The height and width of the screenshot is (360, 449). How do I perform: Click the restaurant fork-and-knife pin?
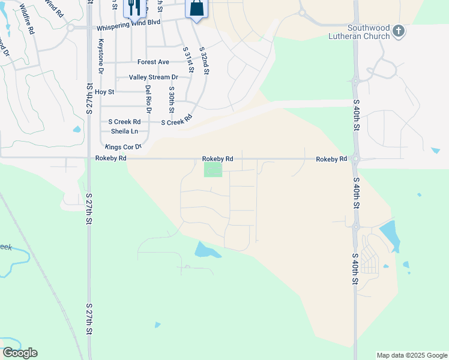click(x=133, y=8)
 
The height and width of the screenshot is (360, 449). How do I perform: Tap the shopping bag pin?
click(x=196, y=8)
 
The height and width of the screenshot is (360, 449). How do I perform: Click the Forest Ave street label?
click(x=153, y=62)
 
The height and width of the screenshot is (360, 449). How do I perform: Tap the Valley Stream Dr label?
click(x=153, y=77)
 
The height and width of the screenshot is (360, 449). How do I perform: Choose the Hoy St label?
click(x=104, y=92)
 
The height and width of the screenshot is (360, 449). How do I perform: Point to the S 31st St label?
click(x=188, y=60)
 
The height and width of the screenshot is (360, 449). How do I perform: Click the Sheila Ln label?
click(x=124, y=131)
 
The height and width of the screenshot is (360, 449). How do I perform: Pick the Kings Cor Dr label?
click(x=122, y=146)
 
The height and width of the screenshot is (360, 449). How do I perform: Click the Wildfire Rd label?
click(x=26, y=19)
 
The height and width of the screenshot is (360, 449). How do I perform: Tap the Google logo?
click(x=20, y=353)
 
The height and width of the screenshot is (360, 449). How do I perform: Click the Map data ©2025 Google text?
click(x=411, y=355)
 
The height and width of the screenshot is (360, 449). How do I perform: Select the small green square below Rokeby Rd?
click(x=212, y=170)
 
